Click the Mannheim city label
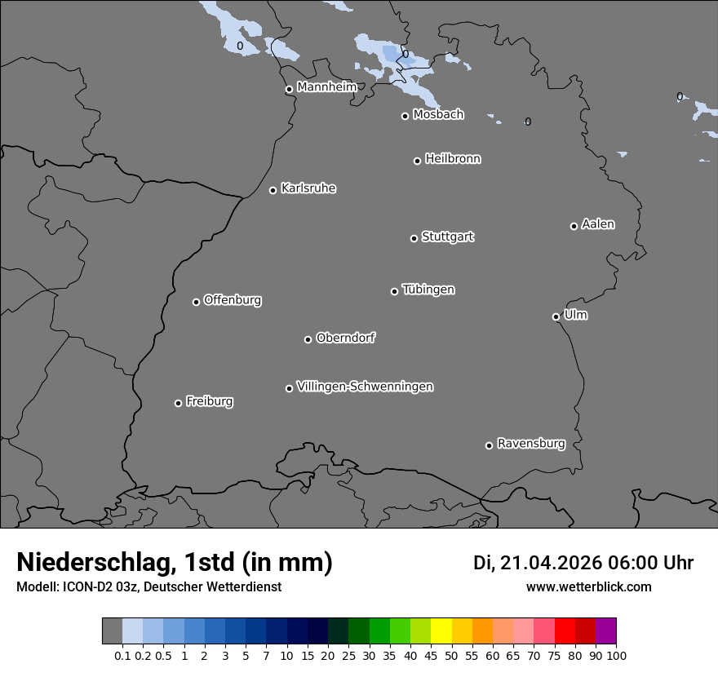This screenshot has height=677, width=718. (x=326, y=87)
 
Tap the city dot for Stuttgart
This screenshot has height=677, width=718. (x=414, y=238)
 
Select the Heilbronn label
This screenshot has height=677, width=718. (x=453, y=159)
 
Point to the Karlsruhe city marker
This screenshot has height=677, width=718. (x=273, y=191)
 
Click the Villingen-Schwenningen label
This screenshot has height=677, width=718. (x=365, y=387)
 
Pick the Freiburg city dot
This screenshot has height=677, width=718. (x=178, y=403)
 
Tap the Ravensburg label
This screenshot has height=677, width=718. (x=531, y=444)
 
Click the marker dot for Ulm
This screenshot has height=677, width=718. (x=556, y=316)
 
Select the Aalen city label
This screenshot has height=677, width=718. (x=598, y=224)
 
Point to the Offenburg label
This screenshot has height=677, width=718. (x=233, y=300)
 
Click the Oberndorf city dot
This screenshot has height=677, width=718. (x=308, y=339)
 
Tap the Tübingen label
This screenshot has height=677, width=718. (x=428, y=290)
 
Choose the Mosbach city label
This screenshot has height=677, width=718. (x=438, y=115)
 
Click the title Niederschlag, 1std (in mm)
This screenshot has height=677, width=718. (x=175, y=562)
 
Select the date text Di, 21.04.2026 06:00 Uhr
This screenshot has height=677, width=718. (x=583, y=563)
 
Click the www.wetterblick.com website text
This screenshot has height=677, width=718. (x=588, y=586)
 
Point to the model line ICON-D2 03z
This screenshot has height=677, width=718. (x=148, y=586)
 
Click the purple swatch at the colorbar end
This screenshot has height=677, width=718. (x=605, y=631)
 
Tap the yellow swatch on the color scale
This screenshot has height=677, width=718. (x=441, y=631)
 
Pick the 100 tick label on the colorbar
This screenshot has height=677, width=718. (x=616, y=655)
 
